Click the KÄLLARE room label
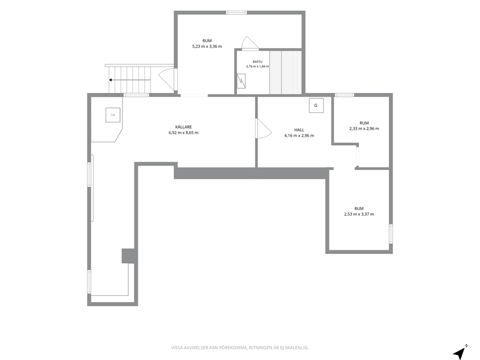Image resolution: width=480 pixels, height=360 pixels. [x=183, y=127]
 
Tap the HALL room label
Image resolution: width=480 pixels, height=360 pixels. [x=299, y=130]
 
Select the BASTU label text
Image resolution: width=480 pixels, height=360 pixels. [x=257, y=62]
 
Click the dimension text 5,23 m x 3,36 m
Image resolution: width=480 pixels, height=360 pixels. [x=207, y=46]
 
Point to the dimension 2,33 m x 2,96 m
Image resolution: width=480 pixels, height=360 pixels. [x=364, y=129]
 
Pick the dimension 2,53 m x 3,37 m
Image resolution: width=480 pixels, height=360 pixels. [x=359, y=214]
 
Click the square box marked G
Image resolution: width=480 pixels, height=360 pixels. [x=316, y=105]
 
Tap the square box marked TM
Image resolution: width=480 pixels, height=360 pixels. [x=113, y=115]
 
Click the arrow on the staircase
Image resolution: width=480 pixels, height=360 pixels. [x=130, y=80]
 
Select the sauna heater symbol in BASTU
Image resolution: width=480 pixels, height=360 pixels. [x=241, y=81]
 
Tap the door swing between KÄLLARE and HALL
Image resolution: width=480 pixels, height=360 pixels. [x=264, y=129]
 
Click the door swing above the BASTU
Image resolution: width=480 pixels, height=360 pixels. [x=250, y=43]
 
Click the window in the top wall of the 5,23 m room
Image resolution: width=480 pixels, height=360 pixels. [x=236, y=13]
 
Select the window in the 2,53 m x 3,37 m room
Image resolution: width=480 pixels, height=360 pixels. [x=390, y=234]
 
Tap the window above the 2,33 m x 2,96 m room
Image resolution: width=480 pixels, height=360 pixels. [x=344, y=95]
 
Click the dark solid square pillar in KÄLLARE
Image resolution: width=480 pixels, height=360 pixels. [x=128, y=256]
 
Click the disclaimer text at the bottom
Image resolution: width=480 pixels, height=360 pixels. [x=240, y=348]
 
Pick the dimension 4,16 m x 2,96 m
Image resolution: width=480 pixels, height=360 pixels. [x=299, y=135]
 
